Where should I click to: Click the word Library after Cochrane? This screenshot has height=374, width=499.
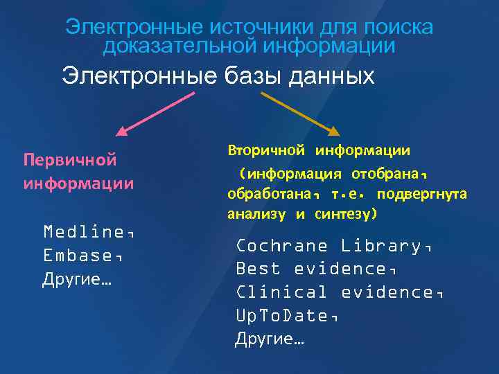(385, 246)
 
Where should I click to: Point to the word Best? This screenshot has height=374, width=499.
(259, 269)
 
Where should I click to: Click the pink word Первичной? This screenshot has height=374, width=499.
(69, 160)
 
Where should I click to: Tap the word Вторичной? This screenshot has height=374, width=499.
(266, 150)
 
